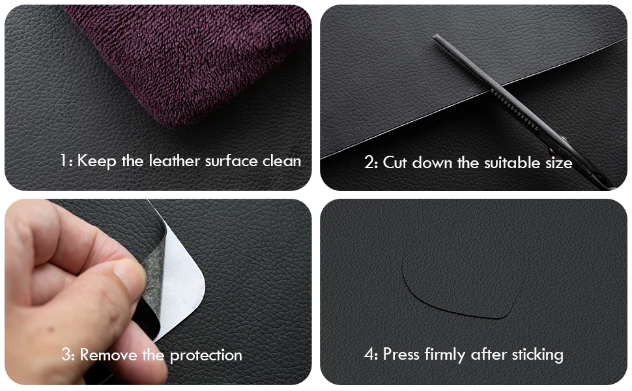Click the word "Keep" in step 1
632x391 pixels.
point(96,161)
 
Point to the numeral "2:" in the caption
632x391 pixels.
point(371,162)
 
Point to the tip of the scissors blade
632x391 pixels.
point(435,36)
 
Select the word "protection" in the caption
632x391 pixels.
point(206,356)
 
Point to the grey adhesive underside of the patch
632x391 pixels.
point(154,282)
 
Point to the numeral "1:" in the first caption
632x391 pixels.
point(66,160)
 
